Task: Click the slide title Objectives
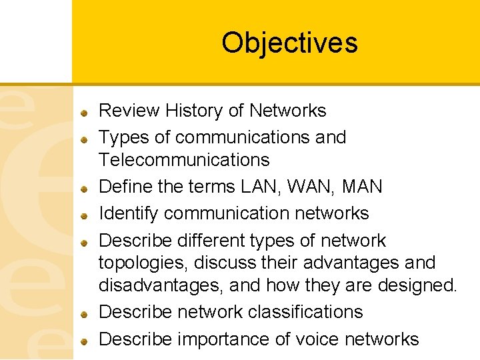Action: click(x=289, y=43)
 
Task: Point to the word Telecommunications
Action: click(x=184, y=160)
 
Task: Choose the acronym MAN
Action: click(x=361, y=187)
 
